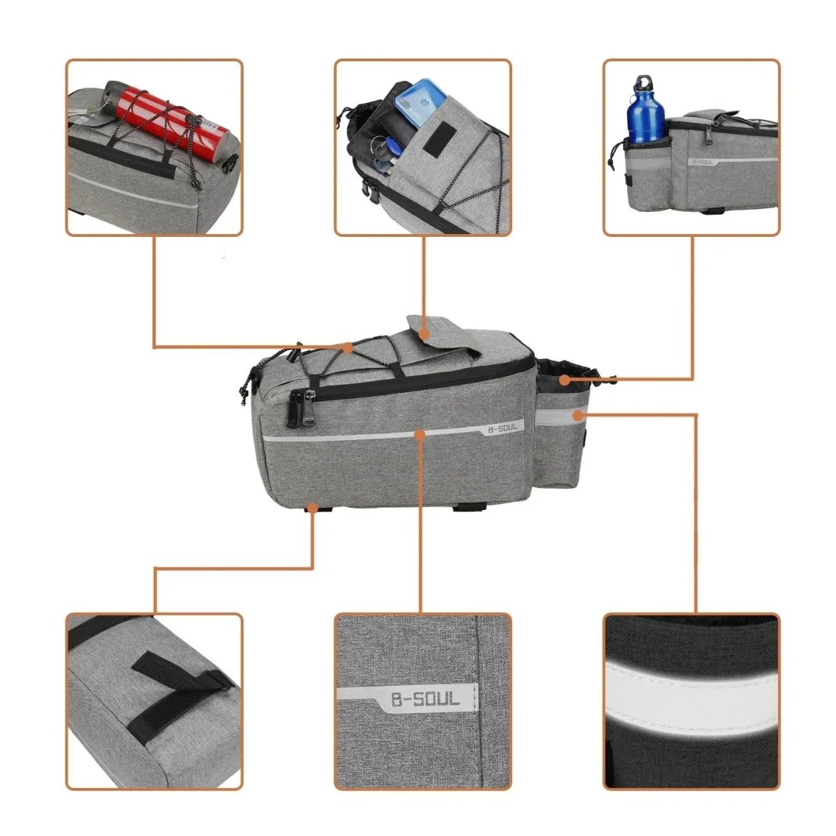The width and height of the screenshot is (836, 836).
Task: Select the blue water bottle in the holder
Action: click(x=646, y=111)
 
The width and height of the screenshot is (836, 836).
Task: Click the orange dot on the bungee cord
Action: click(x=348, y=346)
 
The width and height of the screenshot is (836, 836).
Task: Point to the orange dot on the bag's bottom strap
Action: click(x=313, y=509)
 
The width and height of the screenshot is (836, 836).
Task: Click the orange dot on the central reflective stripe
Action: click(x=419, y=434)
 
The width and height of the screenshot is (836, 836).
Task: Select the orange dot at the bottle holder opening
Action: click(x=564, y=380)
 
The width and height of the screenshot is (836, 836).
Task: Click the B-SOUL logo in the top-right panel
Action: click(x=704, y=163)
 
